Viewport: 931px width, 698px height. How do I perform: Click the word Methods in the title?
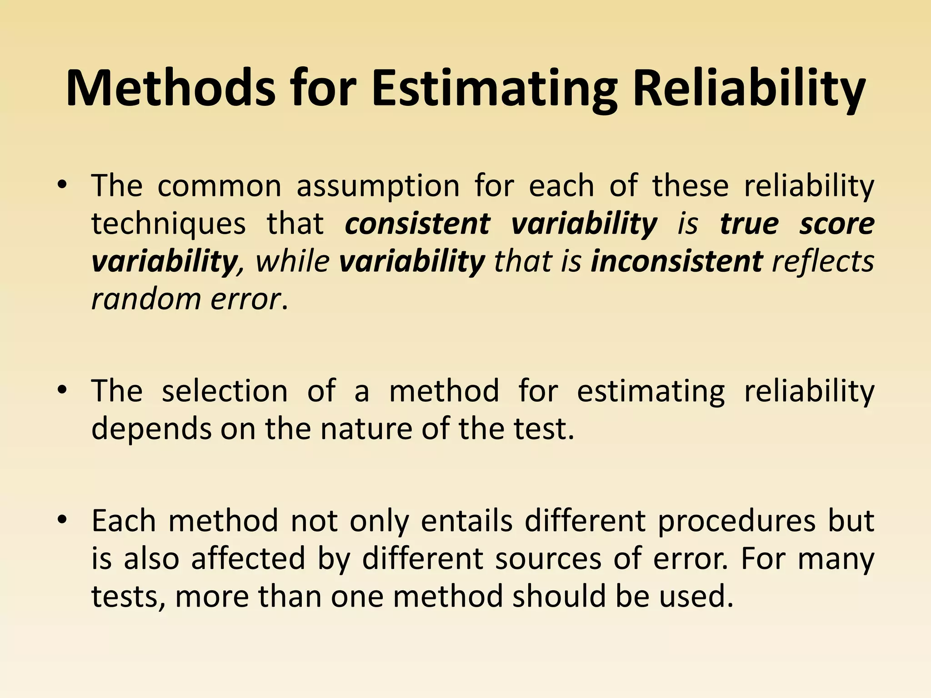(170, 88)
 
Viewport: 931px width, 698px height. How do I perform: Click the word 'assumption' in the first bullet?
(378, 187)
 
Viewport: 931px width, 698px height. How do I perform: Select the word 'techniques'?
(169, 224)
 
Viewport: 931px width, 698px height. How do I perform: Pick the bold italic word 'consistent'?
(417, 224)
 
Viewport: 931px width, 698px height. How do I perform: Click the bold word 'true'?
(749, 224)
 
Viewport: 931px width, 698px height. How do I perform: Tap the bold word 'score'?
(837, 224)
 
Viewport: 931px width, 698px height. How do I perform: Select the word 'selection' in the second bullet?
(225, 391)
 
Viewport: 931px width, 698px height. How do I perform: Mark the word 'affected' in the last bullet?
(248, 558)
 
